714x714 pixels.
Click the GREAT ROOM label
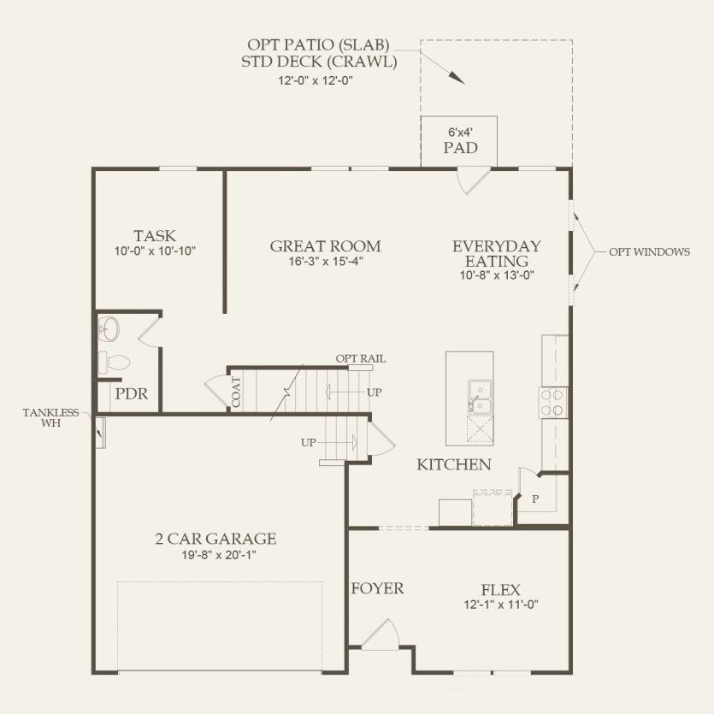(x=325, y=246)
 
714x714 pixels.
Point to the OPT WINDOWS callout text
(x=649, y=252)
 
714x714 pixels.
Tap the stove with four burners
(x=552, y=402)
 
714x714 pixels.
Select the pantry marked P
(x=536, y=498)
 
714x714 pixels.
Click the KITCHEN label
(x=453, y=465)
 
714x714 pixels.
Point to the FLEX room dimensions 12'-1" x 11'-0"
(x=500, y=605)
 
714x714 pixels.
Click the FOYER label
(x=377, y=588)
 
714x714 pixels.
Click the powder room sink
(x=108, y=327)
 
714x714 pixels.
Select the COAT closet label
(x=235, y=391)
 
